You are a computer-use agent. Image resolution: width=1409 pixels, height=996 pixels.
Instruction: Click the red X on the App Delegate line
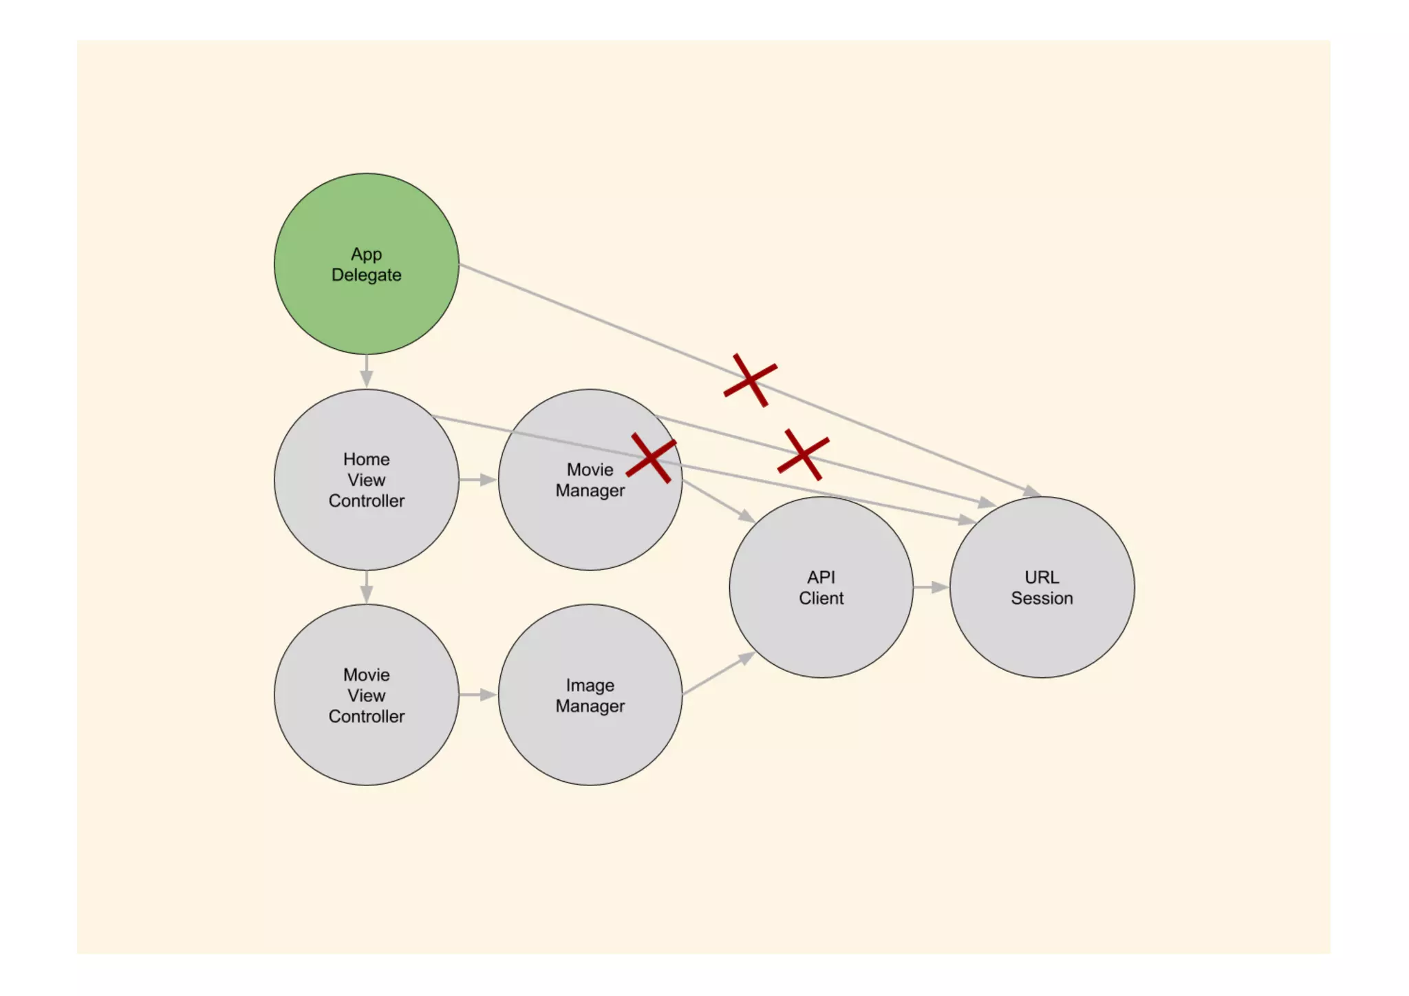pyautogui.click(x=750, y=380)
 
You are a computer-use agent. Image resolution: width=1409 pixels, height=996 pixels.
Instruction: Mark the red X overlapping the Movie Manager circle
pyautogui.click(x=651, y=458)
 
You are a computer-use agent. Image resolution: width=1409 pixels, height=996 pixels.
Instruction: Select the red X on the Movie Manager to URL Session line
pyautogui.click(x=803, y=454)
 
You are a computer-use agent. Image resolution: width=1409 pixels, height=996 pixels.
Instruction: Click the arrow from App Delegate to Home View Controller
pyautogui.click(x=366, y=372)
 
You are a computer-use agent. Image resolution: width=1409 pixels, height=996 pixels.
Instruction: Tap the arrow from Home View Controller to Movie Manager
pyautogui.click(x=478, y=479)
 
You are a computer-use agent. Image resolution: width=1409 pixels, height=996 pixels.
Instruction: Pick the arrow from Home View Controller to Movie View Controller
pyautogui.click(x=366, y=587)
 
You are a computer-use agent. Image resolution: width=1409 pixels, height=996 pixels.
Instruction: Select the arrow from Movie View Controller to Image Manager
pyautogui.click(x=478, y=695)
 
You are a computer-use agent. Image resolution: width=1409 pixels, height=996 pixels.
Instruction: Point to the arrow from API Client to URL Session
pyautogui.click(x=931, y=587)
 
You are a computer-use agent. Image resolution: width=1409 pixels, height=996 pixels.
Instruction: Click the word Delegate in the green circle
pyautogui.click(x=366, y=275)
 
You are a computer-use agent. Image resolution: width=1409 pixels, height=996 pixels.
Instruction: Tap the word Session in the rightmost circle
pyautogui.click(x=1042, y=598)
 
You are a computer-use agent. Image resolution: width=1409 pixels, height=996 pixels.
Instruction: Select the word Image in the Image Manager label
pyautogui.click(x=590, y=685)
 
